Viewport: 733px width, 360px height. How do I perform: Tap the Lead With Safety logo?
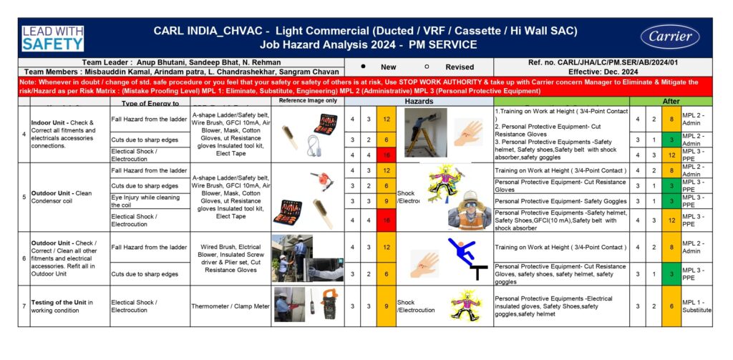52,38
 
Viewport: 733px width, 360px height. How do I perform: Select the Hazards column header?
419,102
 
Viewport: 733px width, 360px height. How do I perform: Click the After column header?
671,102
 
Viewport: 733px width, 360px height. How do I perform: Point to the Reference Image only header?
307,101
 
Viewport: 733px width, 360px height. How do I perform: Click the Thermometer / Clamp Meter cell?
230,306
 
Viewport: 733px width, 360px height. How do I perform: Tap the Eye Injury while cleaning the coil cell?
149,202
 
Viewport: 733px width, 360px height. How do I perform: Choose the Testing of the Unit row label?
69,306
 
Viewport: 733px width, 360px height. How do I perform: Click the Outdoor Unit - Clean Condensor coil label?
69,196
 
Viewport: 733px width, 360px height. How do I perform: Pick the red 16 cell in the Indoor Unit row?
386,154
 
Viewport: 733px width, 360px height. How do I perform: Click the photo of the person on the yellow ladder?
425,133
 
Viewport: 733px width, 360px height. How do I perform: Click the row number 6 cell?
24,258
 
